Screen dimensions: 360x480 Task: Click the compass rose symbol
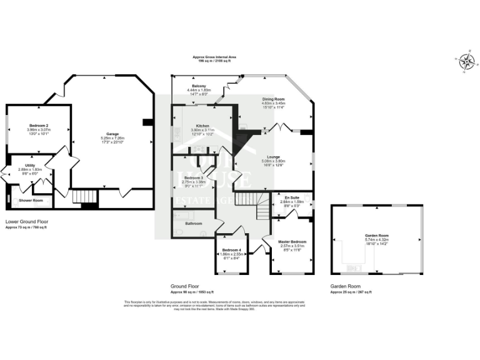click(466, 61)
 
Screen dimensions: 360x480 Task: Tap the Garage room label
click(112, 134)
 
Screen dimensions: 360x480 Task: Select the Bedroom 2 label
click(39, 125)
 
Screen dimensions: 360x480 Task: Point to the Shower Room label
click(31, 201)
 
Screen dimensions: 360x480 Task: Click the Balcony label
click(199, 86)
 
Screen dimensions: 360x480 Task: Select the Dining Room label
click(273, 99)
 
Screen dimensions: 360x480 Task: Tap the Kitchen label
click(202, 125)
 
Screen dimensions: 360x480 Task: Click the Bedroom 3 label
click(193, 177)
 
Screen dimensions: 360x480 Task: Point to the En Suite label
click(291, 197)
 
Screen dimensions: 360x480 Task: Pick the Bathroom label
click(193, 223)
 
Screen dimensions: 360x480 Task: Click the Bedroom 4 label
click(231, 250)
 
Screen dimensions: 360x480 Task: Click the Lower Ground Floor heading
click(26, 221)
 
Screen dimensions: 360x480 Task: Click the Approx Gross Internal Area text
click(214, 57)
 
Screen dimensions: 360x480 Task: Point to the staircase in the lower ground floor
click(82, 197)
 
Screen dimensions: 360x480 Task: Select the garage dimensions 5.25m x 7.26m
click(112, 138)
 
